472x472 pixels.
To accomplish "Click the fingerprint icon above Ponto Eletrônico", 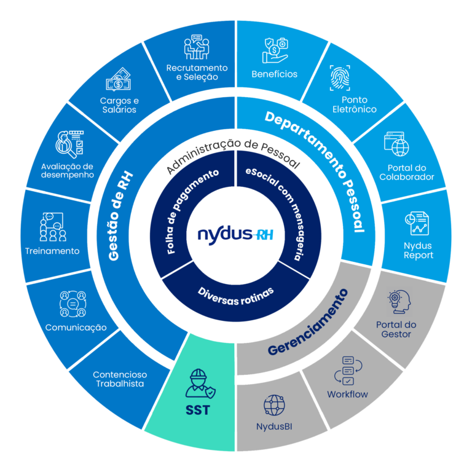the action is click(340, 77).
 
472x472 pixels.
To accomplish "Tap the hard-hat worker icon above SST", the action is click(200, 383).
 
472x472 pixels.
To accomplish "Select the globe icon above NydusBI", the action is click(274, 405).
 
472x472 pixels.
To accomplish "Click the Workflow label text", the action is click(347, 394).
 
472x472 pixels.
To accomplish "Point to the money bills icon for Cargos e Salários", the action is click(118, 79).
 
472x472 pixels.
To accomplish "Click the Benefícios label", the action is click(274, 74).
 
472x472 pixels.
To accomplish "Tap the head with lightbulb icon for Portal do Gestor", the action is click(399, 302).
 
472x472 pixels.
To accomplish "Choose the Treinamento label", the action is click(52, 251).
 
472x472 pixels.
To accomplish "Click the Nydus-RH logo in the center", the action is click(235, 235).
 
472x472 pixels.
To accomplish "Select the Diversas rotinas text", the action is click(236, 296).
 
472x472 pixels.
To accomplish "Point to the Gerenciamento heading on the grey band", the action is click(308, 322).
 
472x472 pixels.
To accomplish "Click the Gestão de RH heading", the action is click(120, 216).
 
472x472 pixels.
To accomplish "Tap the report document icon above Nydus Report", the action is click(417, 223).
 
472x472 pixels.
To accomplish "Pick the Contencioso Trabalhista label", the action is click(120, 379).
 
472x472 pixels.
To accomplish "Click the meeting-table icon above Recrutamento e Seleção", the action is click(197, 47).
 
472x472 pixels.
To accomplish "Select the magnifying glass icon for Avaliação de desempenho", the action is click(69, 144).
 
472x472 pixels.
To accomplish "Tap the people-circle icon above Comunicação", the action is click(73, 304).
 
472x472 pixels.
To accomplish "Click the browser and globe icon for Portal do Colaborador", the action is click(396, 144).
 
